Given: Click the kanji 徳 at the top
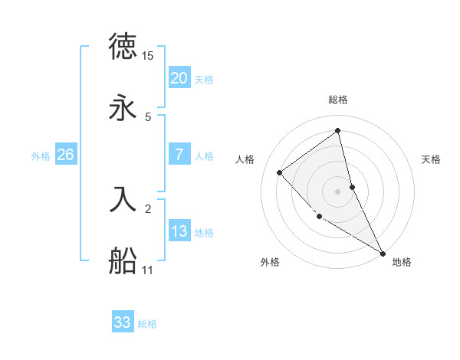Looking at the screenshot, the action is pos(123,47).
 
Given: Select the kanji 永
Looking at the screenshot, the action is pos(123,108).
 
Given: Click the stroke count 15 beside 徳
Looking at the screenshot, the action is pos(148,56).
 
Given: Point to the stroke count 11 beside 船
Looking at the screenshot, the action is pos(148,270).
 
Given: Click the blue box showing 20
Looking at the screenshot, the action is pos(179,78).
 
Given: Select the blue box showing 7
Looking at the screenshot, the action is pos(179,155).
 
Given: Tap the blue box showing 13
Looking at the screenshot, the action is pos(179,231).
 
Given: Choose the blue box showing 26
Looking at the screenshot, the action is pos(65,155).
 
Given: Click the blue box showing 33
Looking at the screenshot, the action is pos(123,322).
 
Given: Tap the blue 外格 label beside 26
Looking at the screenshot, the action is pos(41,156).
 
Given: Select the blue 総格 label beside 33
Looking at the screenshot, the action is pos(147,324).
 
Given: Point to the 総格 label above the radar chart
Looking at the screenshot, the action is pos(338,100).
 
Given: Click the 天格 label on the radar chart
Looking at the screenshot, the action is pos(432,159).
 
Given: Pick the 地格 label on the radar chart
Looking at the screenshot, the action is pos(402,262).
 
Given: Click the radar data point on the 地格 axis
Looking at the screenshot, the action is pos(383,253).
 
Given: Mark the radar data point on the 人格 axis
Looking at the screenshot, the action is pos(280,172).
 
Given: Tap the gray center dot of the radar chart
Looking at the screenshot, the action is pos(338,191).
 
